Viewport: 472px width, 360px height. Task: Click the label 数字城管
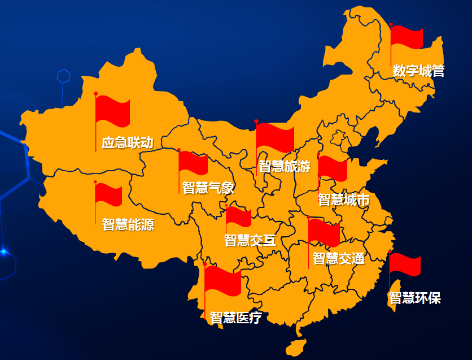pyautogui.click(x=419, y=71)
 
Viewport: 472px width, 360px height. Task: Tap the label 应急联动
pyautogui.click(x=128, y=142)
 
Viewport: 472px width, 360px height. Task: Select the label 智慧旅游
pyautogui.click(x=285, y=166)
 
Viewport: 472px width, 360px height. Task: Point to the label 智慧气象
pyautogui.click(x=208, y=188)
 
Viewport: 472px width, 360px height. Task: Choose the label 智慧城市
pyautogui.click(x=344, y=199)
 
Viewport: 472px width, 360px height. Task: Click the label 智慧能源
pyautogui.click(x=128, y=224)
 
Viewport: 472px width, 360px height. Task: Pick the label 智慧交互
pyautogui.click(x=250, y=240)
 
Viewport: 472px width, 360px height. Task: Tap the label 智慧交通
pyautogui.click(x=339, y=258)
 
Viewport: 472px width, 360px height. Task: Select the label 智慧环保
pyautogui.click(x=415, y=298)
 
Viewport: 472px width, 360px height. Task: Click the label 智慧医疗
pyautogui.click(x=236, y=318)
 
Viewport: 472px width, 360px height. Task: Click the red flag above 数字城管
pyautogui.click(x=407, y=37)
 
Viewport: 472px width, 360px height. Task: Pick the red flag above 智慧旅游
pyautogui.click(x=275, y=138)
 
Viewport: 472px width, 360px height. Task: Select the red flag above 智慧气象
pyautogui.click(x=194, y=163)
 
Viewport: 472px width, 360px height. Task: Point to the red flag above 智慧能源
pyautogui.click(x=108, y=195)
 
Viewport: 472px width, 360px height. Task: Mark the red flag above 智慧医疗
pyautogui.click(x=223, y=281)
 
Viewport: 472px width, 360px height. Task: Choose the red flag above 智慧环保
pyautogui.click(x=405, y=264)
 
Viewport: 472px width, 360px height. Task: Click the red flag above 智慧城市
pyautogui.click(x=333, y=168)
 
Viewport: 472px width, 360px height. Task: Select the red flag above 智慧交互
pyautogui.click(x=239, y=217)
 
